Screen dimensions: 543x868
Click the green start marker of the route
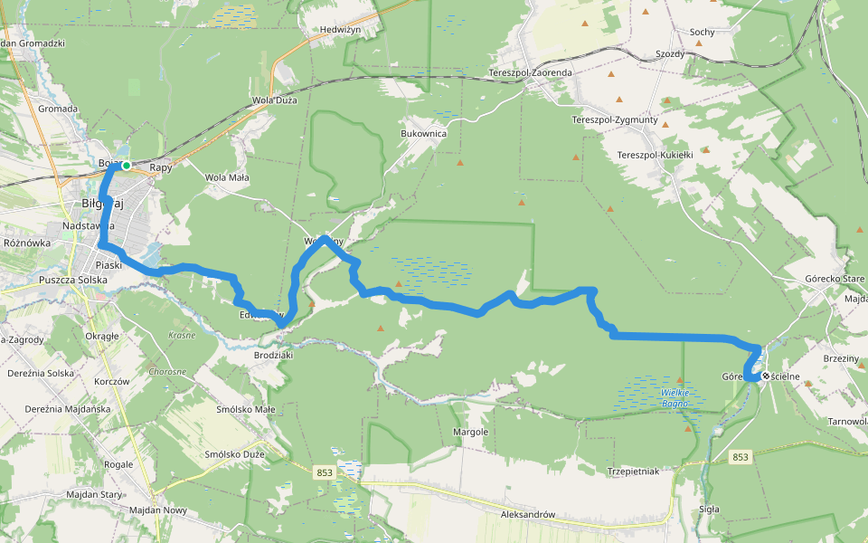127,166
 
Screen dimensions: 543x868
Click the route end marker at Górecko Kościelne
766,376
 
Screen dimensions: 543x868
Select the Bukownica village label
424,133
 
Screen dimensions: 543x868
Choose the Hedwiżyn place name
341,30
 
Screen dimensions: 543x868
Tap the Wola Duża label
274,100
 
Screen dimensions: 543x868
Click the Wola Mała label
227,178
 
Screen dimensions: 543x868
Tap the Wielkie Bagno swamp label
675,397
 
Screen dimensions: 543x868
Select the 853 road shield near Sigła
741,457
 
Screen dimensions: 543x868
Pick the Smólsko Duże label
235,454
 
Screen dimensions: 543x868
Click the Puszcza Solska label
73,281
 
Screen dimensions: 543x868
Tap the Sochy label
702,33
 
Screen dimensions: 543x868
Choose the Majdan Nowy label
157,511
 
